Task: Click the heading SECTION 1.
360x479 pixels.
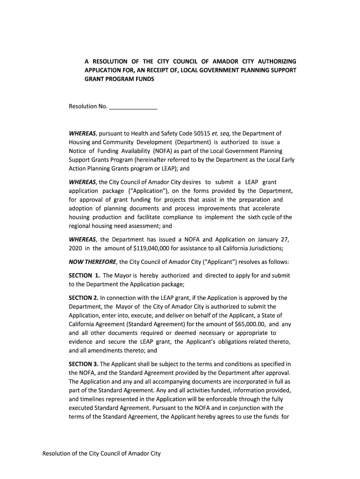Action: (84, 275)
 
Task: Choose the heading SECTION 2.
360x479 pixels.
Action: (84, 298)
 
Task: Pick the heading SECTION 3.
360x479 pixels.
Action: (84, 364)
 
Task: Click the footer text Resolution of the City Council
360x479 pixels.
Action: (101, 454)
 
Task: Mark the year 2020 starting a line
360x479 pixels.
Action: (75, 248)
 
